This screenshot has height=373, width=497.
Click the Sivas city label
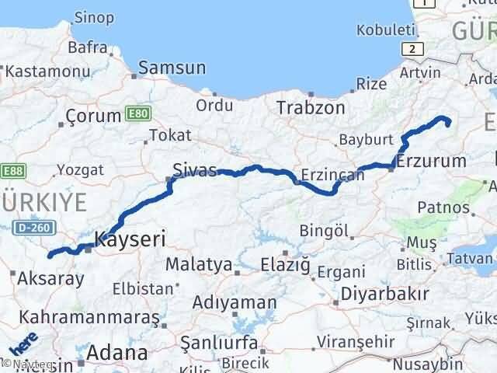(x=195, y=169)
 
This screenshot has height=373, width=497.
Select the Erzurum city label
(x=430, y=162)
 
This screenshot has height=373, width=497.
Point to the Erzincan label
(x=332, y=175)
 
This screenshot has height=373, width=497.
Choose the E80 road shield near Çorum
(x=137, y=114)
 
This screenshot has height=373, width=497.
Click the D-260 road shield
(x=33, y=227)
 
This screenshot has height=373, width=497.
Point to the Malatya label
(x=199, y=264)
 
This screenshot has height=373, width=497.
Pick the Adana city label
(x=118, y=353)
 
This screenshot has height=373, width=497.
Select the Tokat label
(x=169, y=135)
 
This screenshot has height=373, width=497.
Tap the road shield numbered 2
(x=414, y=48)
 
